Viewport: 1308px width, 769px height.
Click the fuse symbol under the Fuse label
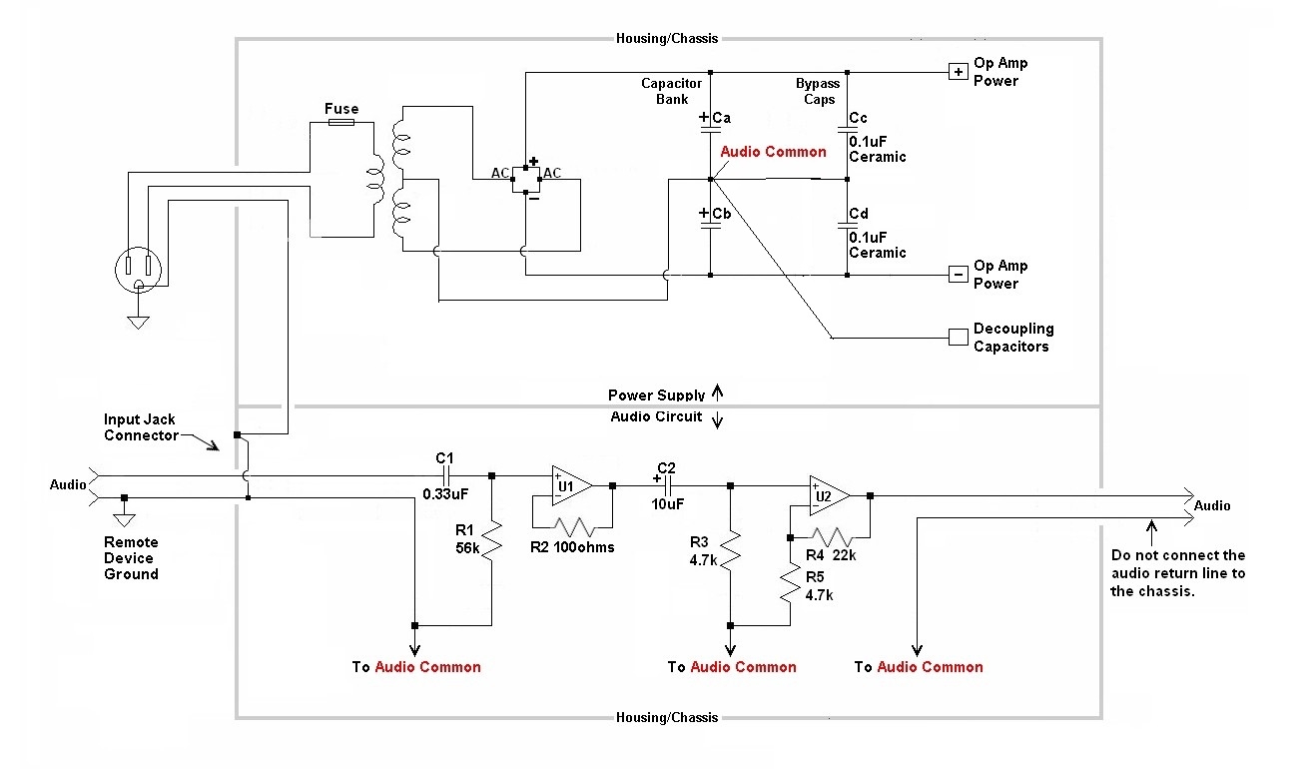(341, 122)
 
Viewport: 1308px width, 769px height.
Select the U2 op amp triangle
(829, 495)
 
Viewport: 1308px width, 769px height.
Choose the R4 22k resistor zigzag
(831, 536)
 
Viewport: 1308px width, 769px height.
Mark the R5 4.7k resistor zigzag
(790, 582)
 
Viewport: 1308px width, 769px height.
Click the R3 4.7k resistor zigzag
(730, 550)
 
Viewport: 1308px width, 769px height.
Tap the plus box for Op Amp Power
(958, 72)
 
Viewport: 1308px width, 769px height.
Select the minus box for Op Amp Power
(958, 274)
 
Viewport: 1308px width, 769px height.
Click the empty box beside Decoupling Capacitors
(958, 337)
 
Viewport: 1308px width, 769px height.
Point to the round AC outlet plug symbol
(139, 270)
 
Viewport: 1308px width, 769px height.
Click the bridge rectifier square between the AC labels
(525, 179)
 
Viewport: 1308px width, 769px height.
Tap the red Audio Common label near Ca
(773, 152)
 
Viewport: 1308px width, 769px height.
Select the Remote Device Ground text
(131, 558)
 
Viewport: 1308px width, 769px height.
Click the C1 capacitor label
(444, 457)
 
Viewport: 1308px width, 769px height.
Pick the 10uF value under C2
(667, 504)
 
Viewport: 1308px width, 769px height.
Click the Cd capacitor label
(859, 214)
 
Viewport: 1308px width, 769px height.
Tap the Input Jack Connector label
(141, 427)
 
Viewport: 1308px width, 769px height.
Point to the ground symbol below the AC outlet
(139, 322)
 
